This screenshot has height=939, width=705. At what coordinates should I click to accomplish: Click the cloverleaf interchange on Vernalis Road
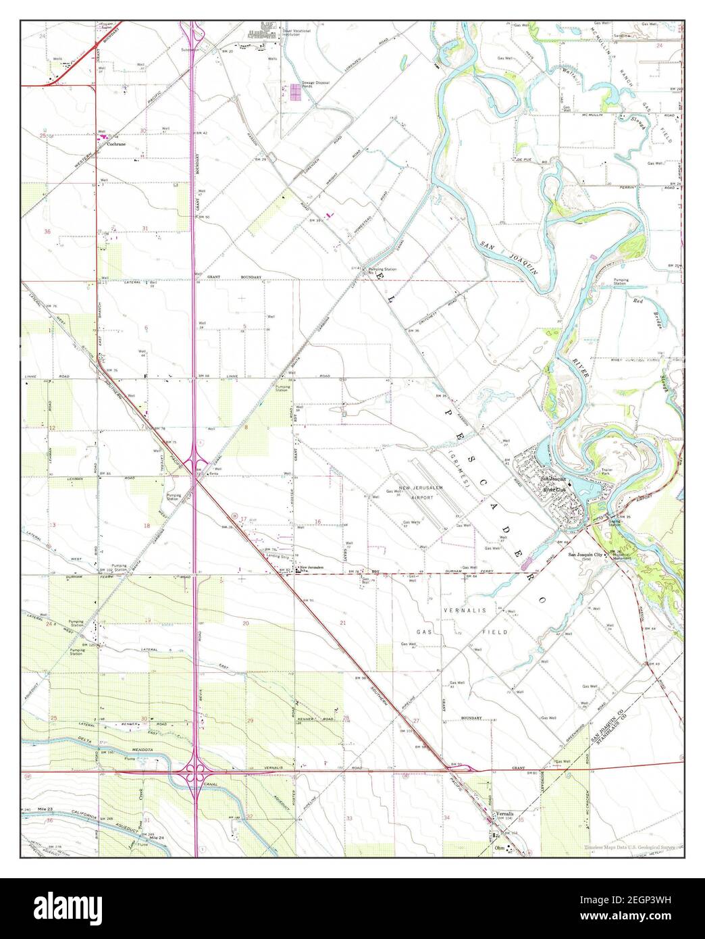197,771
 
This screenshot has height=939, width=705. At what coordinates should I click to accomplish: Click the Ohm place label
500,848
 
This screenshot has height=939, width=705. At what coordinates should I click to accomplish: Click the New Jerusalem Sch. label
313,567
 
